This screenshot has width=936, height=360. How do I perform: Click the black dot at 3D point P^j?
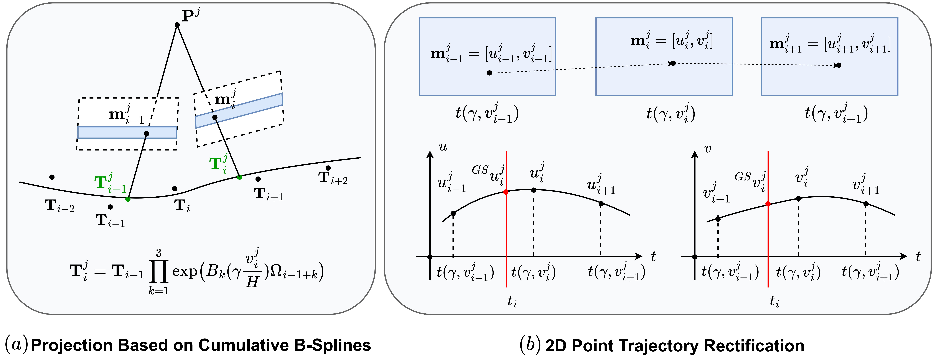point(177,25)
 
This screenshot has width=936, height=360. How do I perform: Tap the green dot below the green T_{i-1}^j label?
point(128,199)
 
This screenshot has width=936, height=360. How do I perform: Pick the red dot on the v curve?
point(768,204)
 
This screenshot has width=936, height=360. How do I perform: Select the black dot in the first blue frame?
point(489,73)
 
